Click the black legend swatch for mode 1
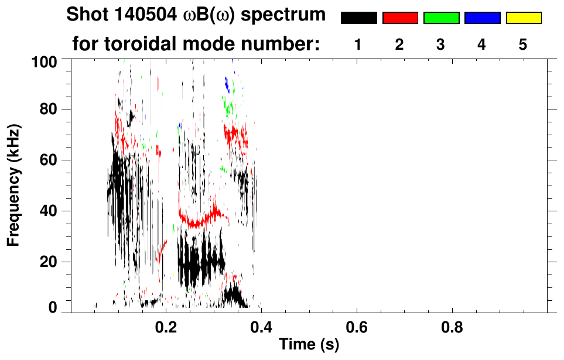(x=358, y=18)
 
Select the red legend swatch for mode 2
(x=400, y=18)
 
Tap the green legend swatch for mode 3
(x=441, y=18)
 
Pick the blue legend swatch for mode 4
(x=482, y=18)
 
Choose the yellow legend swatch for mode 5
(x=524, y=18)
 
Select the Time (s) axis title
(x=309, y=345)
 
